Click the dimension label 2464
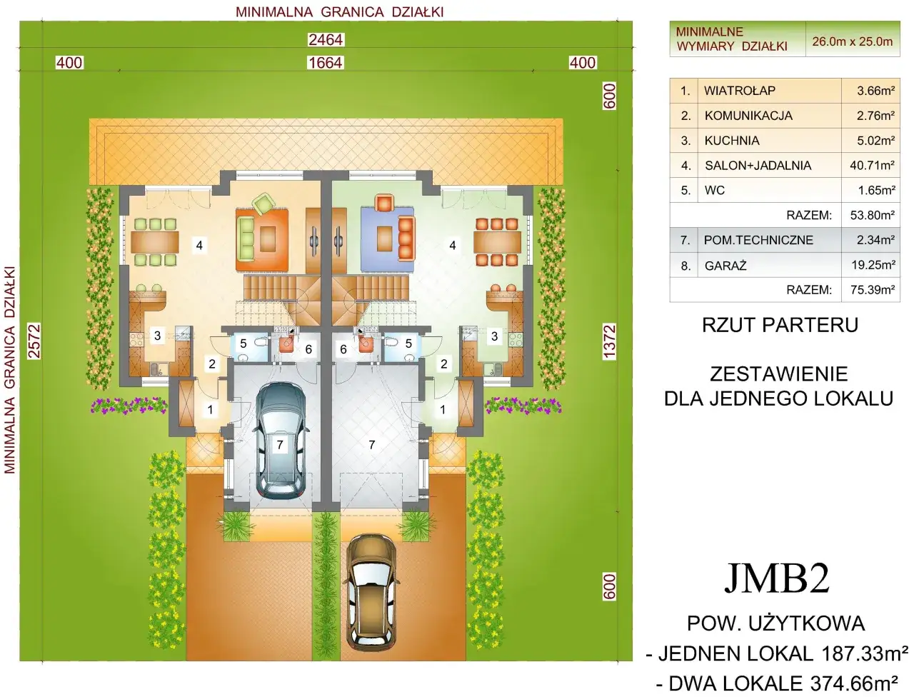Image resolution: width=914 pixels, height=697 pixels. pyautogui.click(x=326, y=40)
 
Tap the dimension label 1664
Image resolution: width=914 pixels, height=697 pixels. pyautogui.click(x=326, y=63)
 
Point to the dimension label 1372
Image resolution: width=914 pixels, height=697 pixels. pyautogui.click(x=609, y=342)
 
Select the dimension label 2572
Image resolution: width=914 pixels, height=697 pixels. pyautogui.click(x=34, y=341)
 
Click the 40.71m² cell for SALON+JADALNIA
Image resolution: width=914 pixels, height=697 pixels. pyautogui.click(x=872, y=165)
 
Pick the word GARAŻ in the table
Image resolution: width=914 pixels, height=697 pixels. pyautogui.click(x=725, y=266)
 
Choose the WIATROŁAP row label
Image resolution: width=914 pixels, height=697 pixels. pyautogui.click(x=740, y=91)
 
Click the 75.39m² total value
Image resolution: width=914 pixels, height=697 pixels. pyautogui.click(x=873, y=290)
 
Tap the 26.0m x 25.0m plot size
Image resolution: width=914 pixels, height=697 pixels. pyautogui.click(x=853, y=41)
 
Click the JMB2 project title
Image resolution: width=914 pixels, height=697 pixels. pyautogui.click(x=777, y=578)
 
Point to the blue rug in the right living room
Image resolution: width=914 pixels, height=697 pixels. pyautogui.click(x=387, y=239)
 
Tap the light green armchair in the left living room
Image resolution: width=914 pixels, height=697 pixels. pyautogui.click(x=263, y=204)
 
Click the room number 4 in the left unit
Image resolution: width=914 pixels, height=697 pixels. pyautogui.click(x=199, y=246)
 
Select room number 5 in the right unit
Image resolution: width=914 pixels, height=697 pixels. pyautogui.click(x=408, y=344)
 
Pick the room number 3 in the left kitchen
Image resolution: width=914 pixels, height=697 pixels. pyautogui.click(x=157, y=336)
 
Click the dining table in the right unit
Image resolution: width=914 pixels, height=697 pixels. pyautogui.click(x=497, y=242)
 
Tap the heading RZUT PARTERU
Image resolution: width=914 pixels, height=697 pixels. pyautogui.click(x=780, y=325)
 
